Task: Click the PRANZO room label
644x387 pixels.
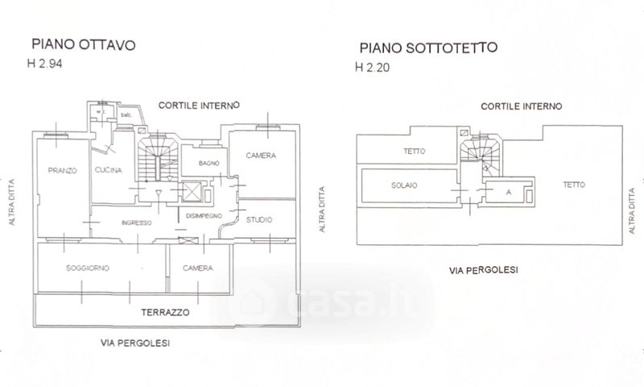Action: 61,170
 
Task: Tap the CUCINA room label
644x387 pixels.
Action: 107,170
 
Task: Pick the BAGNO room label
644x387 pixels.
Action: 201,164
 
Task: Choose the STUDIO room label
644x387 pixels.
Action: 259,219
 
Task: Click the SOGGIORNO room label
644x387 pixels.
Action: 89,268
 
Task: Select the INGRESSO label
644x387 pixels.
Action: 137,223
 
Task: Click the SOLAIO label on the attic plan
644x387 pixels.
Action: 404,185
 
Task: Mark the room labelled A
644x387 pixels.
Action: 508,192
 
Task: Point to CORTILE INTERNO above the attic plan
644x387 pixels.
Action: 521,106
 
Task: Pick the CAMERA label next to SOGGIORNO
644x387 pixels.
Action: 197,268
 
